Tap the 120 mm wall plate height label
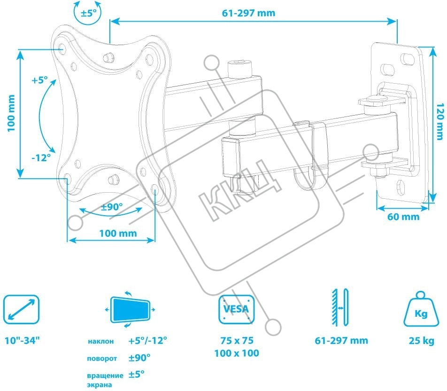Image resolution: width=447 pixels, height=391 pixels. tap(439, 122)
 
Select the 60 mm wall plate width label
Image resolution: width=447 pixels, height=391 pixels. tap(403, 217)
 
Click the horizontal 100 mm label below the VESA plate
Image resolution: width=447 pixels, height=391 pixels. tap(118, 233)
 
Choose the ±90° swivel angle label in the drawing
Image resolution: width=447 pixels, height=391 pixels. tap(112, 207)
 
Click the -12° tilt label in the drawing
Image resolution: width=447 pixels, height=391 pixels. tap(41, 158)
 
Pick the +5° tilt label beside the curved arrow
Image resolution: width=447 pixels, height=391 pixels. tap(40, 80)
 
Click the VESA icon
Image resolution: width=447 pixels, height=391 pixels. tap(236, 310)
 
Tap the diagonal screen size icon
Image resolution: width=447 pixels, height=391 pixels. tap(21, 310)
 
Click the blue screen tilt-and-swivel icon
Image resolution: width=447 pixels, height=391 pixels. tap(129, 310)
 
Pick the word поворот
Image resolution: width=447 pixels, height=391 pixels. tap(101, 359)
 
